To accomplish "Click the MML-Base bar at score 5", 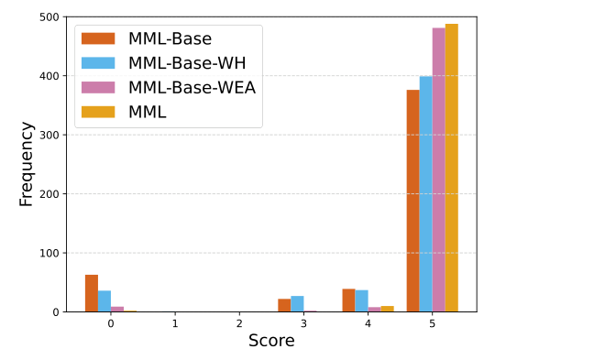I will [412, 201].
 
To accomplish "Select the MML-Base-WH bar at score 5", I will [425, 194].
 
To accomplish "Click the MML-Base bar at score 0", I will [92, 293].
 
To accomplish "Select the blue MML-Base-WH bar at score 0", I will [104, 301].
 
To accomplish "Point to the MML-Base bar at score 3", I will [284, 305].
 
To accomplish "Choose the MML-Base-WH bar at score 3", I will [297, 304].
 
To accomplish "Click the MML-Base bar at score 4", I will [348, 300].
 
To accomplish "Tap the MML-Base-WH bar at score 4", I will [361, 301].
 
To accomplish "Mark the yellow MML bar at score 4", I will [387, 309].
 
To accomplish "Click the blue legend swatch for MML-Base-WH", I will [98, 62].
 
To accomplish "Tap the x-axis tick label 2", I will [239, 324].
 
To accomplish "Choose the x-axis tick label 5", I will [432, 324].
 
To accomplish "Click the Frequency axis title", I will [26, 164].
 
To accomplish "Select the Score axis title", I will [271, 341].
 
